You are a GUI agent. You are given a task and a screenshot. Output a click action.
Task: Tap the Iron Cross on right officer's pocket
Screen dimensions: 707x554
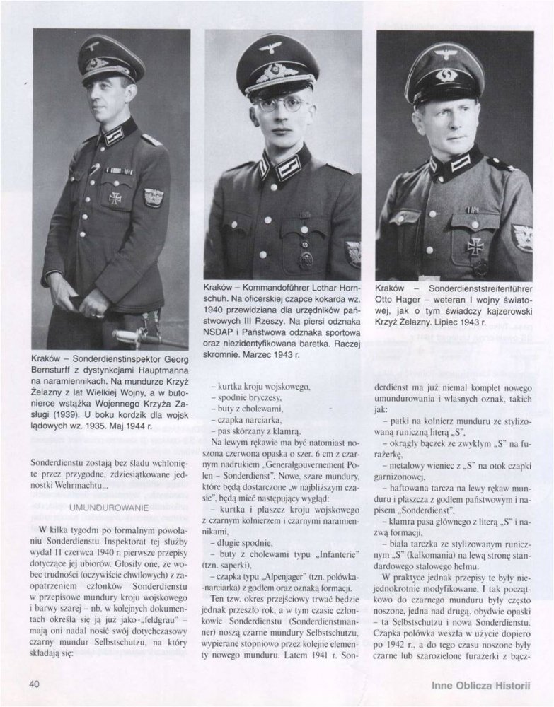475,245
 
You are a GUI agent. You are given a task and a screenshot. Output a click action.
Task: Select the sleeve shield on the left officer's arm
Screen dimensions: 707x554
153,197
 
